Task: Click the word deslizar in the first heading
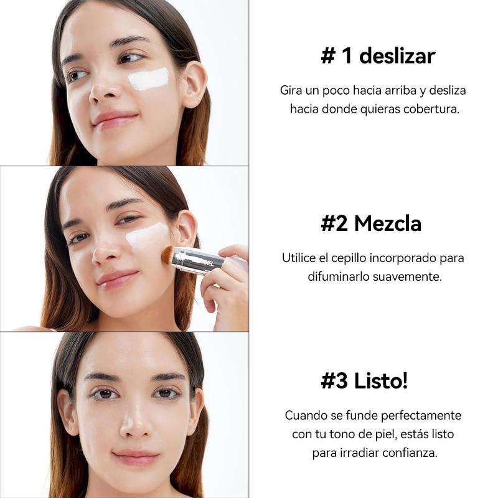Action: [397, 56]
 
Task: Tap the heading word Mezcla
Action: [387, 223]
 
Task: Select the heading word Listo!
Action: [380, 380]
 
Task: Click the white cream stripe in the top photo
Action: [148, 79]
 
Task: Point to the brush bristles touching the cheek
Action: [168, 255]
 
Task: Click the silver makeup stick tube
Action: [199, 260]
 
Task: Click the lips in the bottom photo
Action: [136, 458]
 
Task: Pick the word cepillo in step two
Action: [349, 258]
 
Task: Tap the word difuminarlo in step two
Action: [339, 276]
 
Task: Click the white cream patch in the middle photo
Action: [147, 236]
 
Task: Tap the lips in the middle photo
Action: [117, 279]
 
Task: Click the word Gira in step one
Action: [291, 90]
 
